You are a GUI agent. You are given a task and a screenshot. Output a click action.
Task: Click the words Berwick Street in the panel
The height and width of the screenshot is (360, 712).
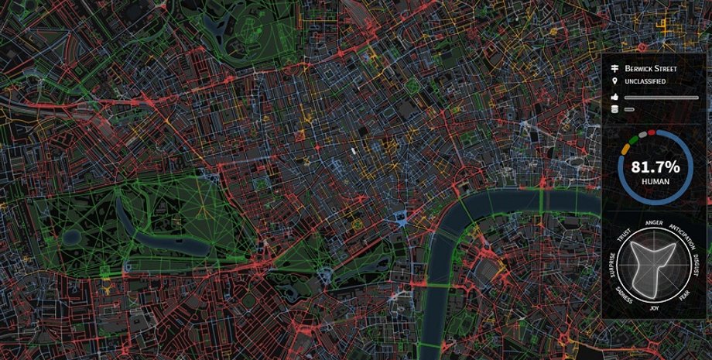click(x=650, y=68)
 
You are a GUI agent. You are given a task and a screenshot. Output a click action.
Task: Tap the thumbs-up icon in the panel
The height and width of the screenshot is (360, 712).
click(x=615, y=98)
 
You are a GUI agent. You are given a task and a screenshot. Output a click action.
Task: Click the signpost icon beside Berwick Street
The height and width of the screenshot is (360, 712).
click(x=615, y=68)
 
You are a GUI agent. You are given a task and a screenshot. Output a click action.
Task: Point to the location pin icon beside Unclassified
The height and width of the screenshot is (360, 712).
click(x=615, y=81)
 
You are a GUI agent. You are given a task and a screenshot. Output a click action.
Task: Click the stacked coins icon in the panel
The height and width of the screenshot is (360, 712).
click(x=615, y=110)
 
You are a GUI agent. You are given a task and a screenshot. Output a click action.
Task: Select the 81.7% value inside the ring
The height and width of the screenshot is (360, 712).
click(x=655, y=166)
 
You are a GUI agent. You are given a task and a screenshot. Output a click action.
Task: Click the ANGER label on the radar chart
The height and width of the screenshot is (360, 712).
click(x=654, y=223)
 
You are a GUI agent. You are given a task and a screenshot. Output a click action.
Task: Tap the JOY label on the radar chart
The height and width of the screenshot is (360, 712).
click(x=655, y=307)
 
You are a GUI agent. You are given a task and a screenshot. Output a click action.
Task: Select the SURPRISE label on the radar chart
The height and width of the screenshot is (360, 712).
click(x=612, y=265)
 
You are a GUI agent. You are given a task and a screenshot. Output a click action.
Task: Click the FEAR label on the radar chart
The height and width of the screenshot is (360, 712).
click(x=685, y=296)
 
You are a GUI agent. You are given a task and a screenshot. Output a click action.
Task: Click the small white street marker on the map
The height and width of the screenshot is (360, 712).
click(x=353, y=151)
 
